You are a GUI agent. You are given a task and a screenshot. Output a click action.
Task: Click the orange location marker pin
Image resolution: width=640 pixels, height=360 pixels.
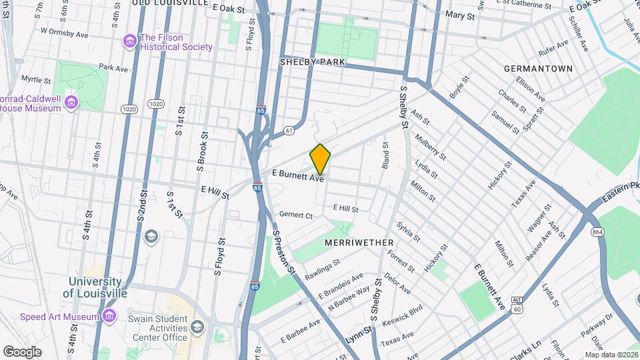(321, 158)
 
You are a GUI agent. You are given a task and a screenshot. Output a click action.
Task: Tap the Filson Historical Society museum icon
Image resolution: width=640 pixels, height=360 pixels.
(129, 42)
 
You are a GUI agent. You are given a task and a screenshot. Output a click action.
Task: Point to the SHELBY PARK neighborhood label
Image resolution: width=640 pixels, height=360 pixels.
(312, 62)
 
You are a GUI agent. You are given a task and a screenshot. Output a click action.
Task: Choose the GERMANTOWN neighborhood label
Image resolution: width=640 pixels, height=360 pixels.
(538, 69)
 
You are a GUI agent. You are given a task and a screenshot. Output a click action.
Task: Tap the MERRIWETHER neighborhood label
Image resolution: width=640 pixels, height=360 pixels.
(359, 243)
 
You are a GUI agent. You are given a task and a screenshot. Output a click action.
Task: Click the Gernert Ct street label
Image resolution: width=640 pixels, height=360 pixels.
(296, 215)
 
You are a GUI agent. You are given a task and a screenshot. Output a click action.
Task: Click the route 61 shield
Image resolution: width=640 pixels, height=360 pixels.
(288, 130)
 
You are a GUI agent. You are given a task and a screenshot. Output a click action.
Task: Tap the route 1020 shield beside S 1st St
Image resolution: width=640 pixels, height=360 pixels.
(156, 104)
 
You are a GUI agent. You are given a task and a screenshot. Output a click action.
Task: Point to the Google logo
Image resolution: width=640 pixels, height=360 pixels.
(22, 351)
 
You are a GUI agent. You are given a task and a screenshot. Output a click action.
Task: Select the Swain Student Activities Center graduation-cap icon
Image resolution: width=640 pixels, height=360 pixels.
(197, 327)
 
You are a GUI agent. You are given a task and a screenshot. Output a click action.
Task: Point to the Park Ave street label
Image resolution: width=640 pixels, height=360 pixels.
(113, 67)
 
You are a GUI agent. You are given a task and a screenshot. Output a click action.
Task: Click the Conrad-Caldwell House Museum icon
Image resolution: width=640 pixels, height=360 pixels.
(72, 102)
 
